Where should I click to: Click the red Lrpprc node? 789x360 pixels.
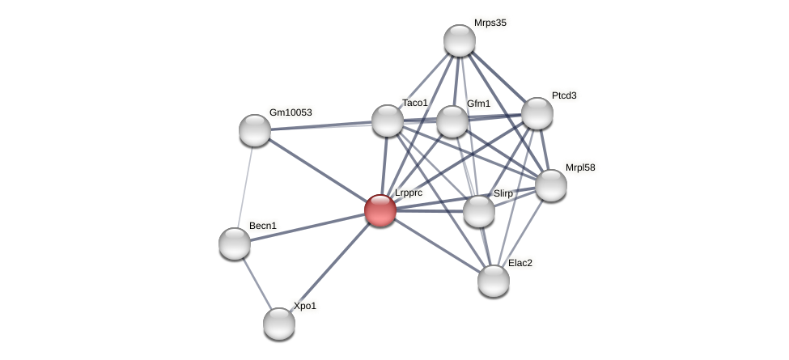[380, 210]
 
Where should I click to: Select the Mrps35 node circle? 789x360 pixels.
[459, 40]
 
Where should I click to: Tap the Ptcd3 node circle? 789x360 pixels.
[537, 113]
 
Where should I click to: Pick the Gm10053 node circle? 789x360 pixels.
[255, 130]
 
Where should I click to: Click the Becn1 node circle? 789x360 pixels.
[235, 244]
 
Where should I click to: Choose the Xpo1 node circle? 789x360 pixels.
[279, 324]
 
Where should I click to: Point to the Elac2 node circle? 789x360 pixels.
[493, 281]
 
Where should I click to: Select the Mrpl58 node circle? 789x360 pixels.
[551, 185]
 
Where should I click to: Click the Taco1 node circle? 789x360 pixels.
[388, 121]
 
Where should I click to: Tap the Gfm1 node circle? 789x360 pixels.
[452, 121]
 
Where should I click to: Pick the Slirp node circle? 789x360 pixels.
[479, 211]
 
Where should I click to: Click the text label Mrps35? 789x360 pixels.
[490, 23]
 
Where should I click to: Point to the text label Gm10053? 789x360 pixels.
[290, 112]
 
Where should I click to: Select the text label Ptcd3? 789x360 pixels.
[564, 95]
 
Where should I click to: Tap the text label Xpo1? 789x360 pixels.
[305, 306]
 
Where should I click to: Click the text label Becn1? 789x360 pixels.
[262, 226]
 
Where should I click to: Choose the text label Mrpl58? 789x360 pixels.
[579, 167]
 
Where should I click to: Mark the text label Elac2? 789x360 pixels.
[520, 263]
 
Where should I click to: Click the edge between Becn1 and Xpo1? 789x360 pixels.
[257, 284]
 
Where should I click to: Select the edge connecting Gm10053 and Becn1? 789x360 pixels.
[244, 187]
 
